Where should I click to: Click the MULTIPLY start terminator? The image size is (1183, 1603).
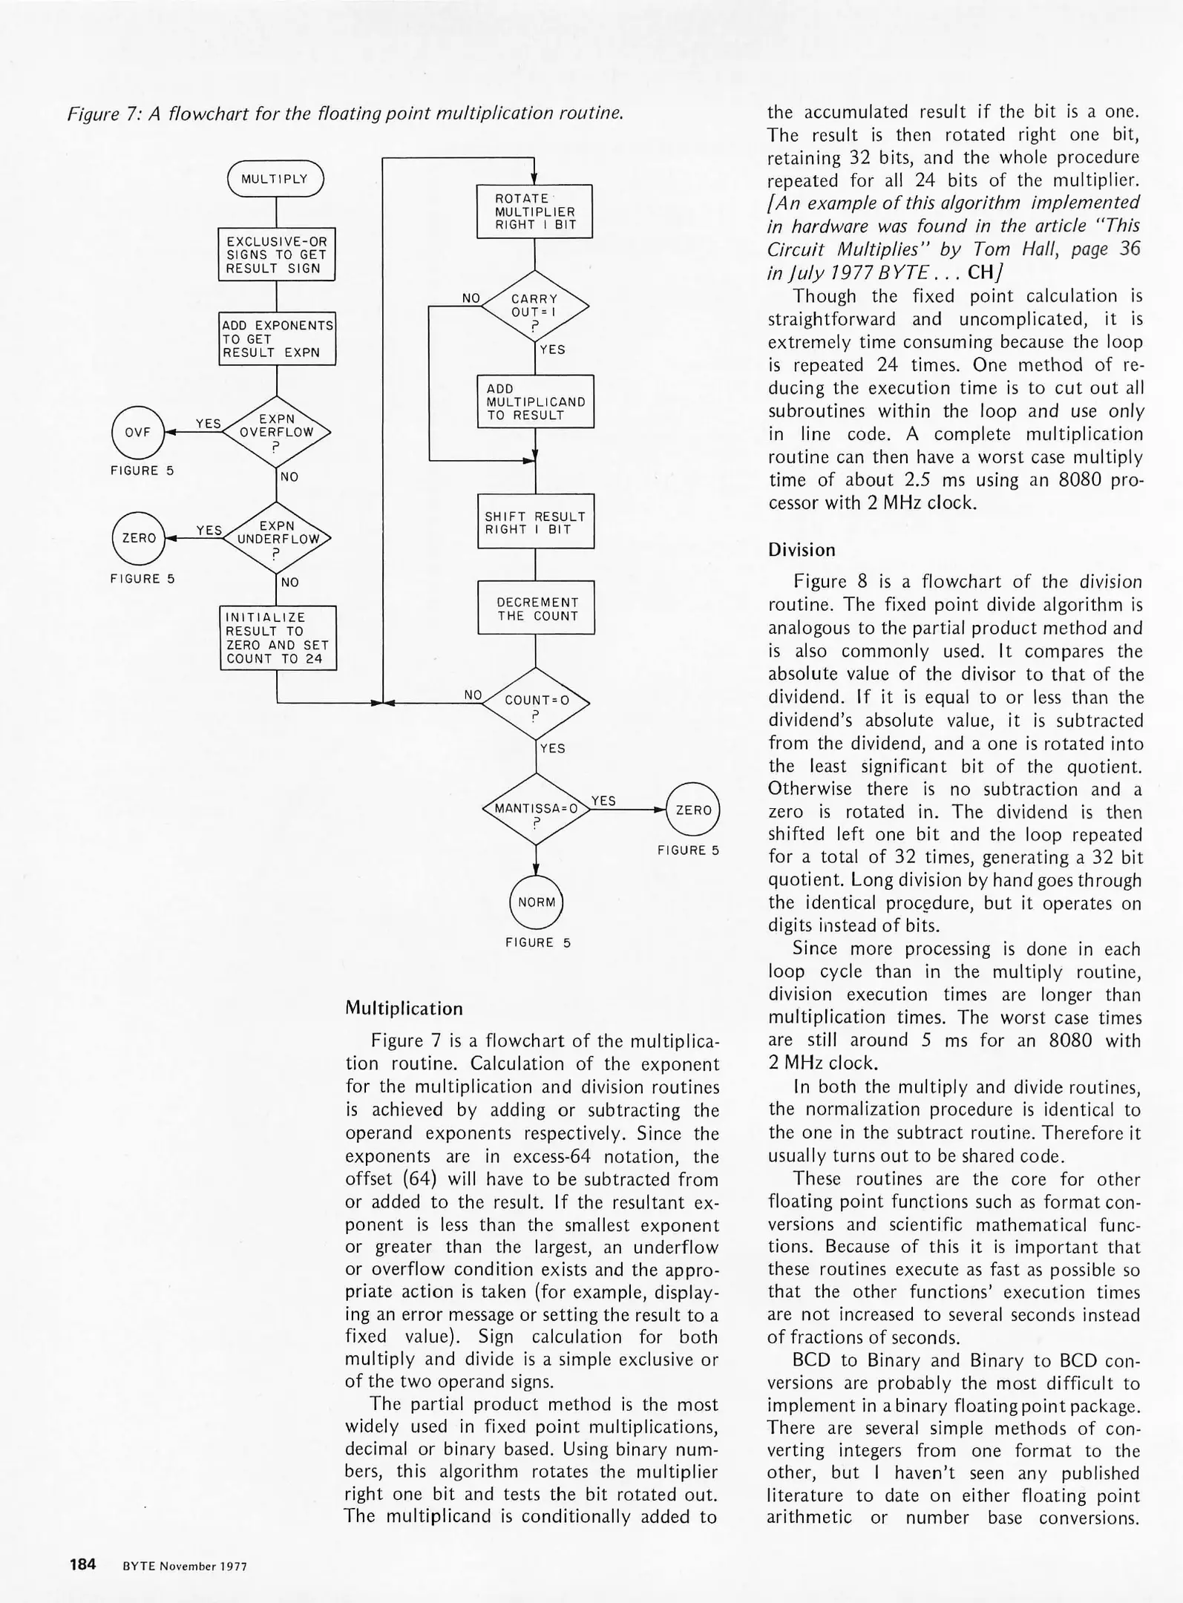(x=276, y=179)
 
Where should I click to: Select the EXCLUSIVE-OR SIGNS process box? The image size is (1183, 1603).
(x=277, y=255)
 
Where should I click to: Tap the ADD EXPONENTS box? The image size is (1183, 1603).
(x=278, y=338)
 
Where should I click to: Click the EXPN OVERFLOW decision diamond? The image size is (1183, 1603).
(x=277, y=432)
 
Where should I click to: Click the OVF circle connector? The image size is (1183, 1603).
(x=138, y=432)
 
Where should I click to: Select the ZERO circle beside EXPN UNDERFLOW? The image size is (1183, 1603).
(x=139, y=538)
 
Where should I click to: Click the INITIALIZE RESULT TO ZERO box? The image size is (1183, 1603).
(x=278, y=638)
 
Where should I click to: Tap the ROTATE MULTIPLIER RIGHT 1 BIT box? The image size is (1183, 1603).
(x=534, y=212)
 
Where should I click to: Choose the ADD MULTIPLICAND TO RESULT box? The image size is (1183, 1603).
(x=536, y=401)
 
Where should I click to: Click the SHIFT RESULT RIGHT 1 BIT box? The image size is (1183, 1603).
(x=536, y=522)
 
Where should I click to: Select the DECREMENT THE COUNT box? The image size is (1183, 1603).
(x=536, y=608)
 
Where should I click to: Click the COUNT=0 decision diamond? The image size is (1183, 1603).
(x=536, y=701)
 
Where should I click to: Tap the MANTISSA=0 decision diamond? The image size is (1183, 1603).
(x=536, y=809)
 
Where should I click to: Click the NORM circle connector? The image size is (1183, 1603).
(x=537, y=902)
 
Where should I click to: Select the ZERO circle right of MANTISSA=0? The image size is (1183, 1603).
(x=693, y=810)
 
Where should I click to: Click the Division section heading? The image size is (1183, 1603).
(x=802, y=550)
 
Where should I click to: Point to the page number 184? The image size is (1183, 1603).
(x=83, y=1565)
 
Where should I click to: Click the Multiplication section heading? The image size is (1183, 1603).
(x=404, y=1009)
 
